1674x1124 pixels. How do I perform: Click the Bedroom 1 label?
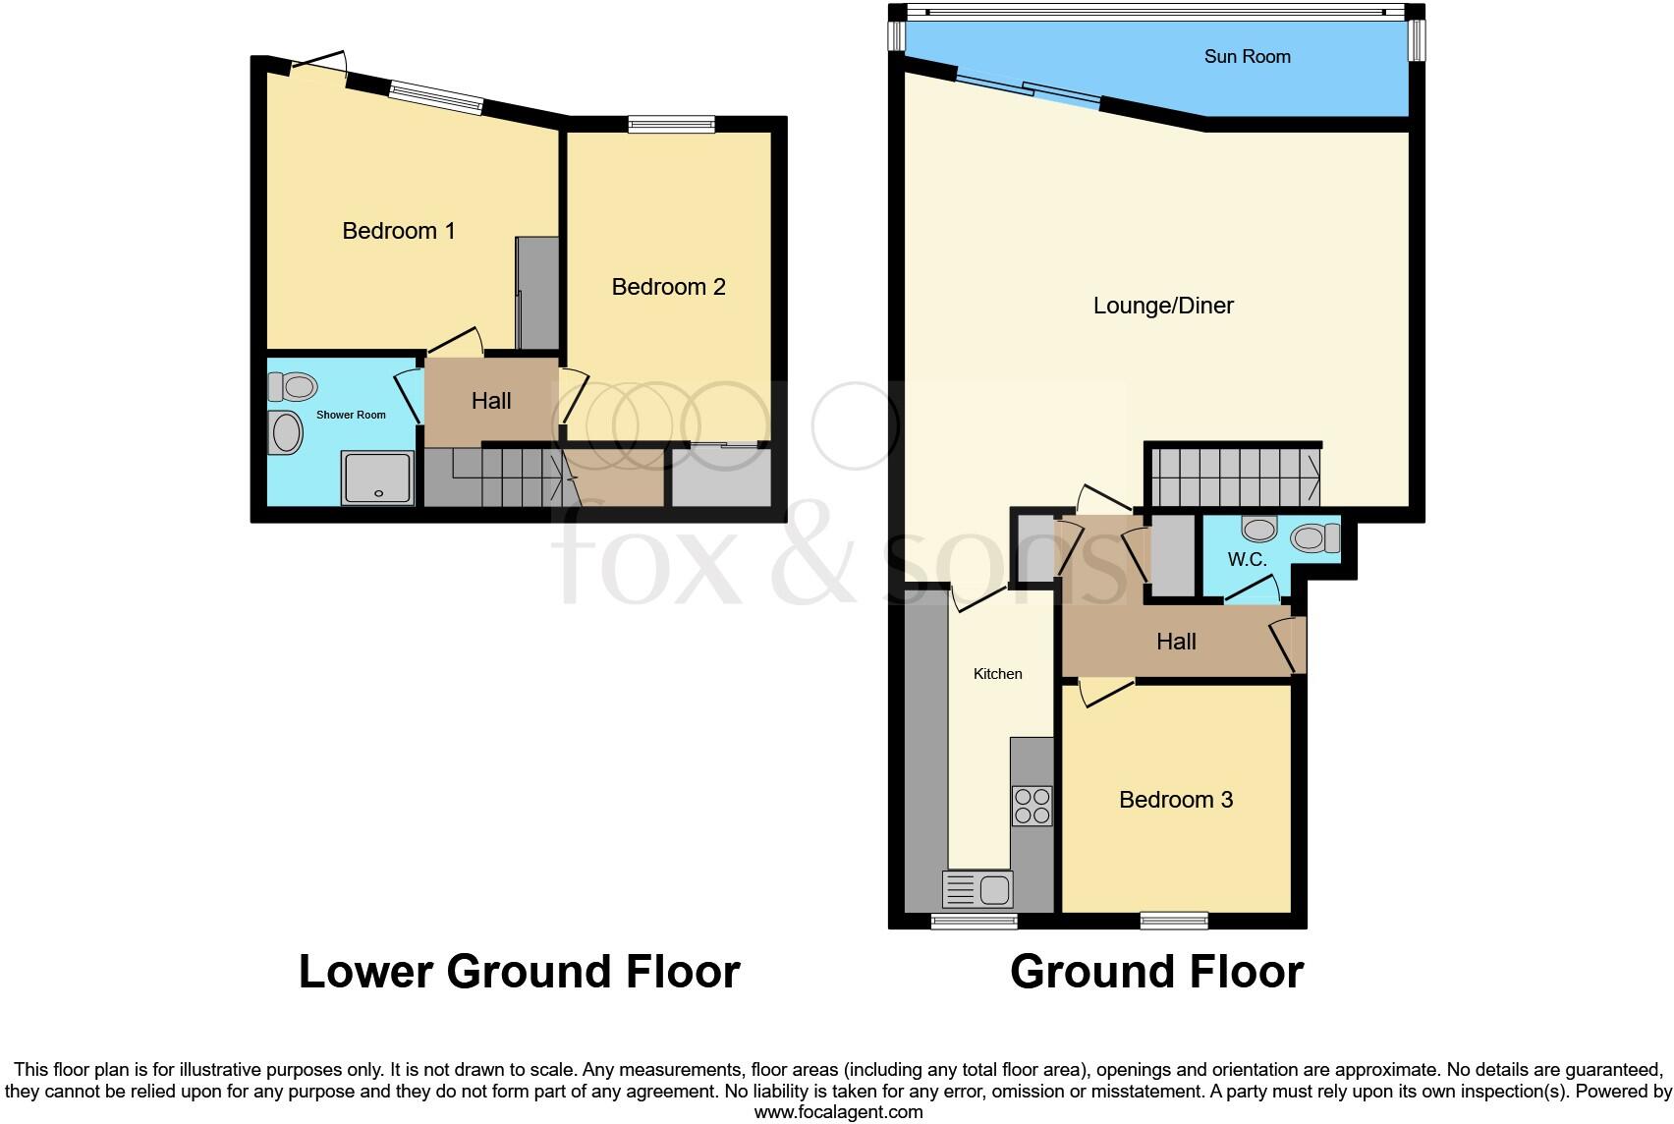tap(398, 231)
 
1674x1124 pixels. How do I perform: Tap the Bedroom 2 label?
tap(668, 287)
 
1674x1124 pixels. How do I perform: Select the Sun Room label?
tap(1247, 57)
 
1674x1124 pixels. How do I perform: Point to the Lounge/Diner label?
tap(1163, 306)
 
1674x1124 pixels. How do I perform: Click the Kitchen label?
tap(997, 674)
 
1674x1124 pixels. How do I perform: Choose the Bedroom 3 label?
tap(1176, 800)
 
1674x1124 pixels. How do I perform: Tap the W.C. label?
tap(1247, 560)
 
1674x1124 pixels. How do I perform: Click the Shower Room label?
tap(351, 415)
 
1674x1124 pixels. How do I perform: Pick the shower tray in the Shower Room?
tap(377, 478)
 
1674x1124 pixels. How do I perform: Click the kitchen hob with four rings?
tap(1032, 806)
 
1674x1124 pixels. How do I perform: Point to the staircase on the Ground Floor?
tap(1234, 478)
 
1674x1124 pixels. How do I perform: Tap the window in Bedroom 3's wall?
tap(1174, 921)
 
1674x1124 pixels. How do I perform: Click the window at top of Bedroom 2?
tap(672, 124)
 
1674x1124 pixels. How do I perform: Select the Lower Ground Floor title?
tap(519, 972)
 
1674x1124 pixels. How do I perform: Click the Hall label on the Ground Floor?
tap(1176, 642)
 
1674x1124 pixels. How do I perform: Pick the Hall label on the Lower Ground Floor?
tap(491, 401)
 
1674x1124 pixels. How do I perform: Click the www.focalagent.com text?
tap(838, 1112)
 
